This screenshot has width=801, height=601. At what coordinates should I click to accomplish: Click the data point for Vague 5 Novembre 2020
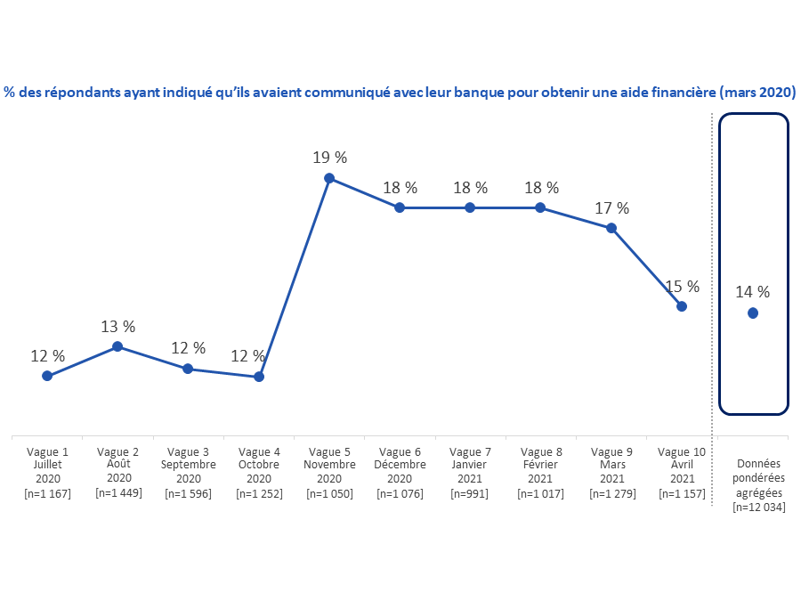click(x=329, y=178)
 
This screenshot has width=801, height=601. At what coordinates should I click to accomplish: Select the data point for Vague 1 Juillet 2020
click(x=47, y=376)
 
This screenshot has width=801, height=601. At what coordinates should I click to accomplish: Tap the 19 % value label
click(x=329, y=158)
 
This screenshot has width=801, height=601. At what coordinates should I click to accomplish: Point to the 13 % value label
click(x=117, y=326)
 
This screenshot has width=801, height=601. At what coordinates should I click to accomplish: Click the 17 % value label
click(x=611, y=208)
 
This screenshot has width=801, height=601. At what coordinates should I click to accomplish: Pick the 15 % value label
click(x=682, y=287)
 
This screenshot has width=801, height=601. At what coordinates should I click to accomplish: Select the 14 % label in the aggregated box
click(x=753, y=291)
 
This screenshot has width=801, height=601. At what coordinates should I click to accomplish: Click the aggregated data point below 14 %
click(x=753, y=313)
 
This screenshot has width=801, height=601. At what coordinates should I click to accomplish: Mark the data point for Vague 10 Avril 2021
click(x=682, y=306)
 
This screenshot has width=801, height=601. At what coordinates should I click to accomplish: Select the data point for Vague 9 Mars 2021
click(x=611, y=228)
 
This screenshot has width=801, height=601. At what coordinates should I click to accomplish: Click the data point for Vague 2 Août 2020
click(x=117, y=346)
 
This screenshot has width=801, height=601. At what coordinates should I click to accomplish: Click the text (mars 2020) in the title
click(x=757, y=92)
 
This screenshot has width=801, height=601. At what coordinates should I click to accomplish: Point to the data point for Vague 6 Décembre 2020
click(x=400, y=207)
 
